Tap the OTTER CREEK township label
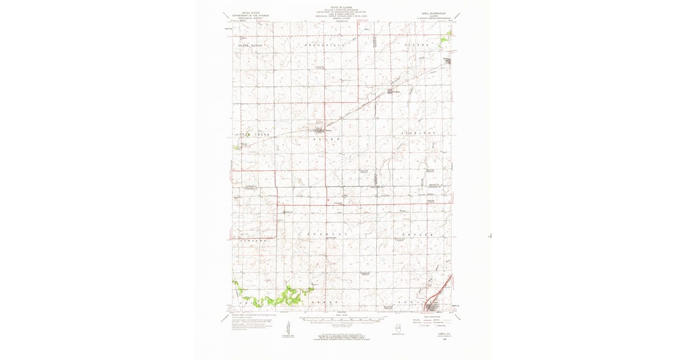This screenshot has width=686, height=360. coord(252,134)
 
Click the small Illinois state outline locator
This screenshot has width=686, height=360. coord(398,326)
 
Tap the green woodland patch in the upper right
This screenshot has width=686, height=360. coord(446,39)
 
